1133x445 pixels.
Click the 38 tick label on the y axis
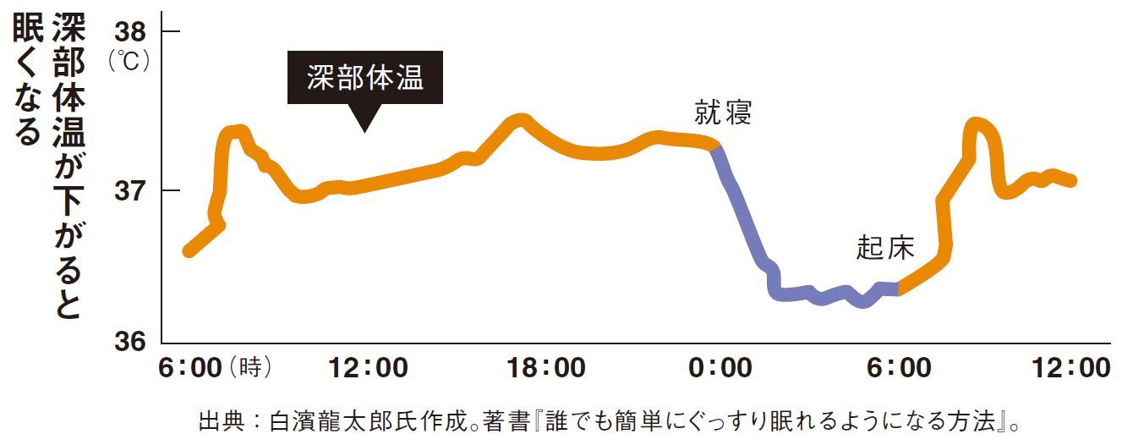pyautogui.click(x=129, y=32)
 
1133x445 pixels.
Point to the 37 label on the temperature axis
pyautogui.click(x=129, y=190)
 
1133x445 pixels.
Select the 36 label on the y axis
pyautogui.click(x=129, y=341)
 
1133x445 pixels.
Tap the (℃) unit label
pyautogui.click(x=129, y=62)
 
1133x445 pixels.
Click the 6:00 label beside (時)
pyautogui.click(x=190, y=369)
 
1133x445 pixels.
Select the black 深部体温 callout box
pyautogui.click(x=364, y=79)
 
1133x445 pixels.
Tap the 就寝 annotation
pyautogui.click(x=723, y=113)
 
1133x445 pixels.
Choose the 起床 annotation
pyautogui.click(x=885, y=248)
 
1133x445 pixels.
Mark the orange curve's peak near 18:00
pyautogui.click(x=521, y=119)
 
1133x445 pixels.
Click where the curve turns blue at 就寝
pyautogui.click(x=716, y=148)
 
